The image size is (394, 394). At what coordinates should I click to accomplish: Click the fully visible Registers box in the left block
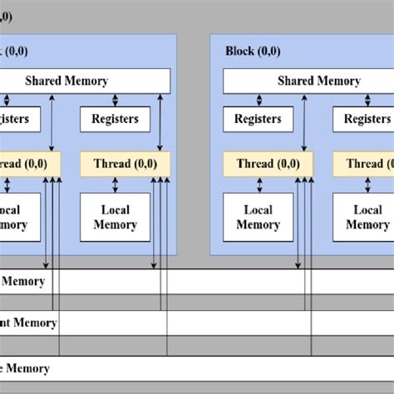click(x=115, y=119)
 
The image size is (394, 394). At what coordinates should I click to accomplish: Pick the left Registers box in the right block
click(x=258, y=119)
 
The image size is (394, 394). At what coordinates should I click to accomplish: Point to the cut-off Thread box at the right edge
click(x=364, y=164)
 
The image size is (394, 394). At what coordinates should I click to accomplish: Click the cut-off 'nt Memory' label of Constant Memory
click(x=28, y=323)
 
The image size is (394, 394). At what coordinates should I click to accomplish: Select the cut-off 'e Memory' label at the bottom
click(x=25, y=368)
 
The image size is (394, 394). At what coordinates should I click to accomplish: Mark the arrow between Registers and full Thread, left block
click(x=115, y=141)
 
